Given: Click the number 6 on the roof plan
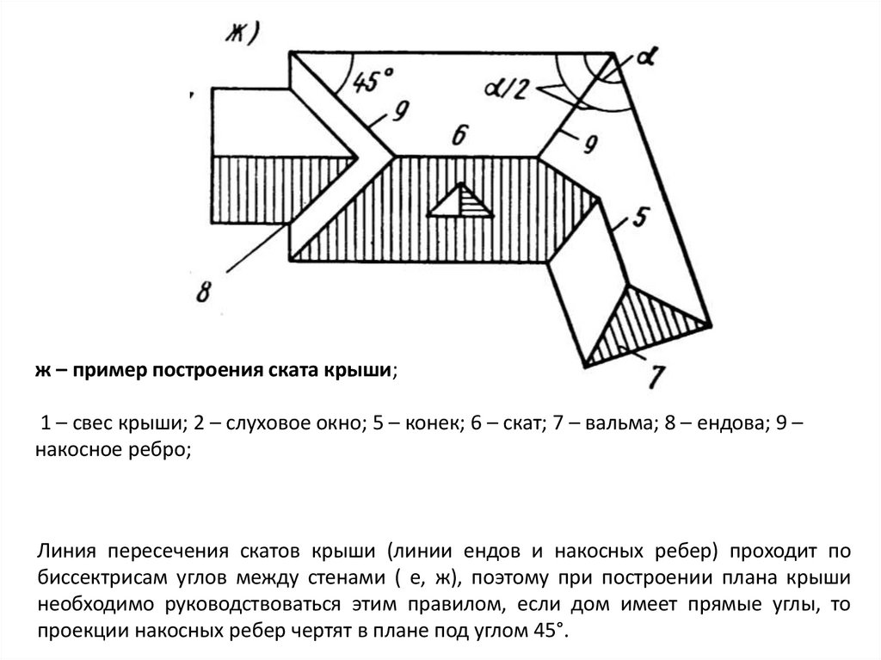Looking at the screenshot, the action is point(459,136).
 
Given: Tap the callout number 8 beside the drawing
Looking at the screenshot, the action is point(204,291).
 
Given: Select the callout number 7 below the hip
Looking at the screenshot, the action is point(656,376).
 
